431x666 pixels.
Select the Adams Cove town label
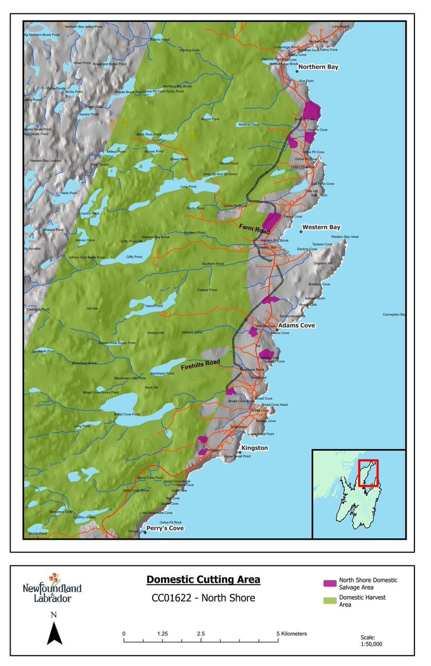[x=297, y=326]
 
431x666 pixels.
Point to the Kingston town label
[x=254, y=448]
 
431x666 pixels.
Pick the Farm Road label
[x=254, y=228]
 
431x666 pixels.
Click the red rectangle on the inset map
[x=368, y=473]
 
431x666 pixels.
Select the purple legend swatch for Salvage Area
[x=330, y=583]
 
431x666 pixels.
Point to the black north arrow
[x=54, y=634]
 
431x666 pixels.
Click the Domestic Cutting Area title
[x=203, y=580]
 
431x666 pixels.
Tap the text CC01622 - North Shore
[x=203, y=598]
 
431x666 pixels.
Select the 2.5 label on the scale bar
[x=201, y=633]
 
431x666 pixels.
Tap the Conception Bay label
[x=394, y=314]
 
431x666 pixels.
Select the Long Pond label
[x=188, y=187]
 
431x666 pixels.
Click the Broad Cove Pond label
[x=127, y=414]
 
